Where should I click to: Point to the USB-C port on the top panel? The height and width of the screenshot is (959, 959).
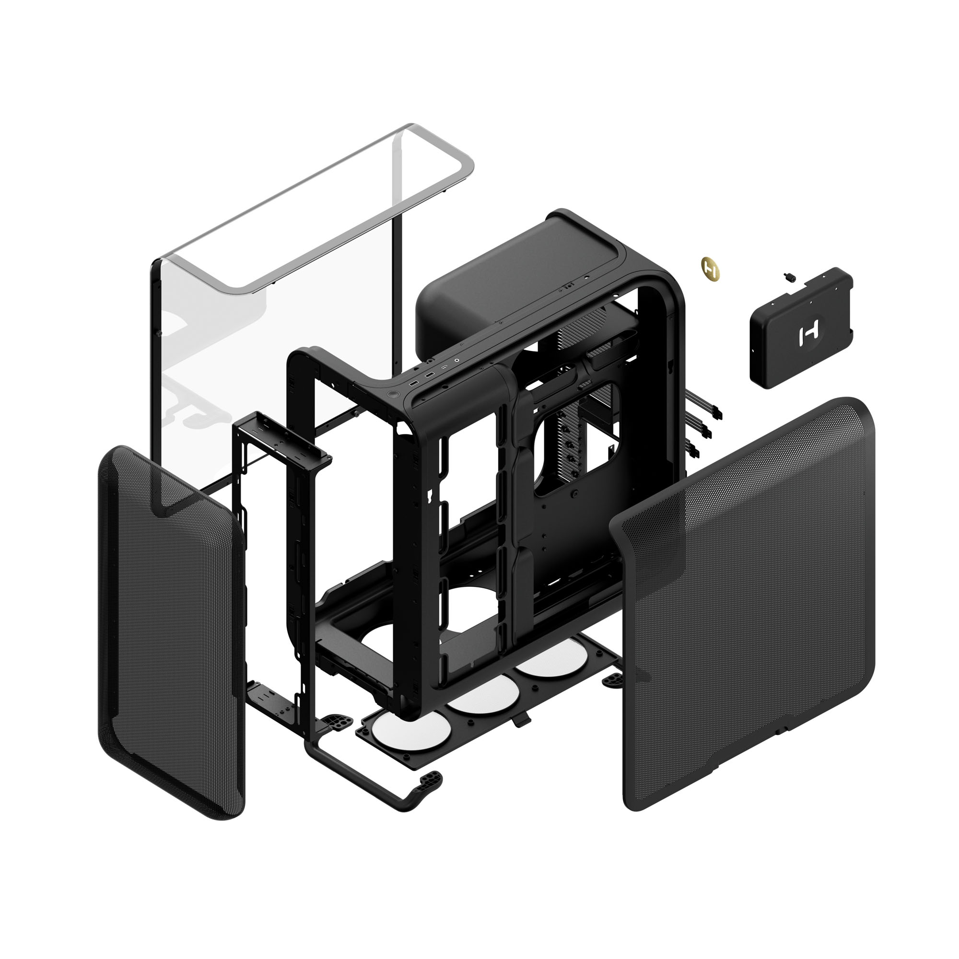point(446,368)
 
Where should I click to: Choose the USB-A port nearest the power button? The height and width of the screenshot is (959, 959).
point(413,383)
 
